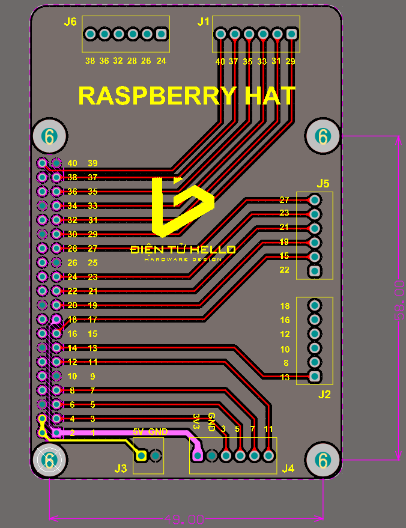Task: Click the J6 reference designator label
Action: tap(70, 22)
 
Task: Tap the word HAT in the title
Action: tap(269, 96)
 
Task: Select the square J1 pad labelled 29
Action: tap(292, 34)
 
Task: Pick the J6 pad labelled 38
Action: tap(90, 34)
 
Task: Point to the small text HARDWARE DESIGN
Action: tap(183, 259)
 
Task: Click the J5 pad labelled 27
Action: tap(314, 200)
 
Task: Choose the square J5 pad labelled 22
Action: tap(314, 271)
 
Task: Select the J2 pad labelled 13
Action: tap(314, 377)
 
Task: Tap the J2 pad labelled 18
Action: tap(314, 306)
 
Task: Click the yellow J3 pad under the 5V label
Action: tap(141, 457)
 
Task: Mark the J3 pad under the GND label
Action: tap(156, 457)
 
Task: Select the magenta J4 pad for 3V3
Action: tap(198, 457)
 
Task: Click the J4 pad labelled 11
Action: tap(268, 457)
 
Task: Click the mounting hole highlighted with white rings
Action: tap(50, 461)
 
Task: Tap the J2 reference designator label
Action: tap(324, 395)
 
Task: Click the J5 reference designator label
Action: tap(323, 183)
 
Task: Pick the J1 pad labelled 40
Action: tap(220, 34)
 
